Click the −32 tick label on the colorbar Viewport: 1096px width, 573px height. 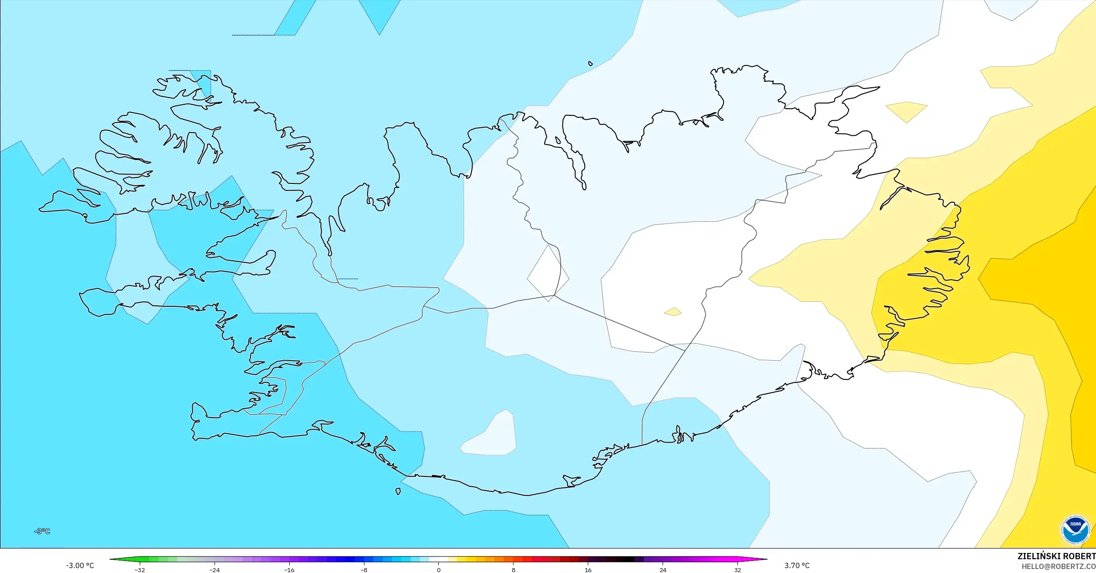click(140, 570)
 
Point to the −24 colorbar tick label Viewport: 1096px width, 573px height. click(214, 570)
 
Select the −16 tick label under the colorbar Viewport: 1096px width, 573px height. click(289, 570)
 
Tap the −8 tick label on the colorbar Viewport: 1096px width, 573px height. click(364, 570)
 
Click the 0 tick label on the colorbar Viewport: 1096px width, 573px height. click(439, 570)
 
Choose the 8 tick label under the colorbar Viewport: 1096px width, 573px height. click(514, 570)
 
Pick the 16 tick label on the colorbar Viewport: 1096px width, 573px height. click(588, 570)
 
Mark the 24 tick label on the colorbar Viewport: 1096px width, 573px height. click(663, 570)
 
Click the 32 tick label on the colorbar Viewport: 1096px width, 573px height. click(738, 570)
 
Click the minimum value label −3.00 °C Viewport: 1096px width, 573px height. click(80, 565)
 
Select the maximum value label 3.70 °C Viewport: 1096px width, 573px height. click(797, 565)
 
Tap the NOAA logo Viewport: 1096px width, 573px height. click(1075, 530)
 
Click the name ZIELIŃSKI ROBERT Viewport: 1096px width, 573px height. click(1056, 556)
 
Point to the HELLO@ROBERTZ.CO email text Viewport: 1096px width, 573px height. click(1058, 566)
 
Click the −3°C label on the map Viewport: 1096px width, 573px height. click(42, 531)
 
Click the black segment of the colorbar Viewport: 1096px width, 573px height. click(625, 559)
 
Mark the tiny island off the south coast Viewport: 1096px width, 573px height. click(398, 492)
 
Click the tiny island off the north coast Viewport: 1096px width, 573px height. click(590, 64)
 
